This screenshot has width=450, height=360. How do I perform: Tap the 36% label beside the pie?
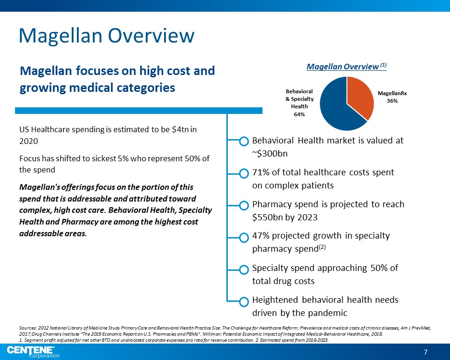tap(392, 101)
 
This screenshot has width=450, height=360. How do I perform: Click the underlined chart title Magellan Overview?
tap(342, 67)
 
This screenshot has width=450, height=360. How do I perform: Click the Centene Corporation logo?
tap(33, 351)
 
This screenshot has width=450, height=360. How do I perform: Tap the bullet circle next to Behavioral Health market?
tap(244, 142)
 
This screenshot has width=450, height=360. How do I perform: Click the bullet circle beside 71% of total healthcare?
tap(244, 173)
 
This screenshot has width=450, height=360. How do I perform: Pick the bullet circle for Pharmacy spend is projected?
tap(244, 205)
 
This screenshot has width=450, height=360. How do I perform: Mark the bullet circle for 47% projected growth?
tap(244, 237)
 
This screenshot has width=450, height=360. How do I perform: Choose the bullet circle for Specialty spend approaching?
tap(244, 269)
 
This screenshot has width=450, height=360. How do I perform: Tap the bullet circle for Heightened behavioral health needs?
tap(244, 301)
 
